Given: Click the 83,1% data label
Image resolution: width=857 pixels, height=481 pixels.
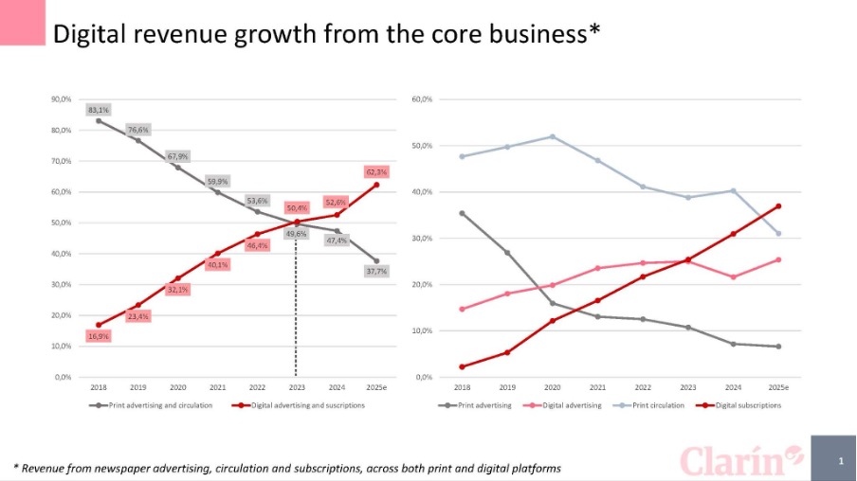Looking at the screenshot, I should click(x=99, y=110).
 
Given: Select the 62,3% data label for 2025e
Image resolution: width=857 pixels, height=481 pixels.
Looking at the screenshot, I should click(x=376, y=172).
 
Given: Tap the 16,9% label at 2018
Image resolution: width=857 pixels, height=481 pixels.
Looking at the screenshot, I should click(x=99, y=336).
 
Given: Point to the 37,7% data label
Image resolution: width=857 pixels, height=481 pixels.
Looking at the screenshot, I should click(x=376, y=272).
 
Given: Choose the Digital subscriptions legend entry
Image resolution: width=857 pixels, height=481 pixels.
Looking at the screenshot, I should click(x=748, y=405).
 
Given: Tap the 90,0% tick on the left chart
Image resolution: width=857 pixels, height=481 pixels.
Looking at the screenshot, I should click(x=63, y=99).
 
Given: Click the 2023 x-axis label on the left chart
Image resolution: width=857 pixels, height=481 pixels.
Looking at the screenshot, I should click(x=296, y=387).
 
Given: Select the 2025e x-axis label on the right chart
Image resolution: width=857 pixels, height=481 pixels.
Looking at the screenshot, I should click(x=777, y=387).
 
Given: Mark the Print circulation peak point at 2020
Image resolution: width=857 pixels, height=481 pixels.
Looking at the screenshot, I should click(x=552, y=136).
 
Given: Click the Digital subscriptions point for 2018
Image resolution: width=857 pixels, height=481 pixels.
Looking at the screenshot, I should click(x=462, y=366).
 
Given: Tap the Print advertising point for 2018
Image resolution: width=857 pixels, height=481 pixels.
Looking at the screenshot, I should click(x=462, y=213).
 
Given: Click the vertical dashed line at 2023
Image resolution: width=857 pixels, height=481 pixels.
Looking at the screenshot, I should click(x=296, y=312).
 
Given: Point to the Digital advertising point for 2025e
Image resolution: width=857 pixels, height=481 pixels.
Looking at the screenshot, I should click(x=777, y=259).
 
